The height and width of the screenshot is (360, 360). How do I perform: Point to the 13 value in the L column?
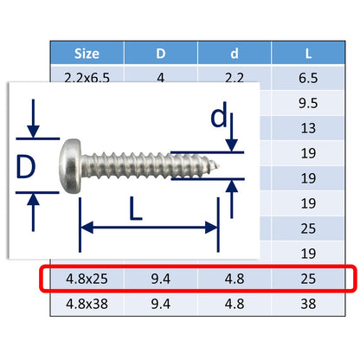(x=309, y=128)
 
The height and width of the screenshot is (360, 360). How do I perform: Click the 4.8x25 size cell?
(x=87, y=280)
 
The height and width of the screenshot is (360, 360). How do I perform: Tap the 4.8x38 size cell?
(x=87, y=305)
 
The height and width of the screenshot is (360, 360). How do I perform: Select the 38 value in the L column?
(x=309, y=305)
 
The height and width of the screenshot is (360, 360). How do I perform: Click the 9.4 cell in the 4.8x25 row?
(x=161, y=280)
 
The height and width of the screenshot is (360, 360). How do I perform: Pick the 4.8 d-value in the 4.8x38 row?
(x=235, y=305)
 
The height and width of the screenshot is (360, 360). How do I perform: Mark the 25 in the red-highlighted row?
(x=309, y=280)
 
